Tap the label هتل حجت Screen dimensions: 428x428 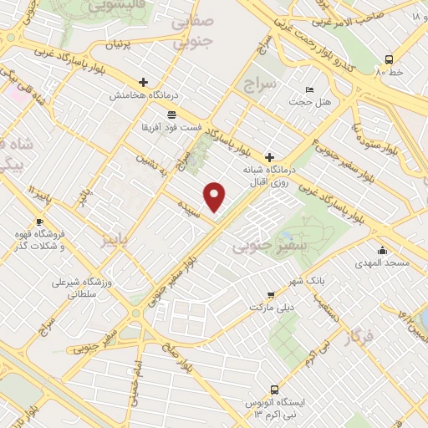310,102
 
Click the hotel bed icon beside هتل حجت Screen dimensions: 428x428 310,89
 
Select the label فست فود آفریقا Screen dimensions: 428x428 171,128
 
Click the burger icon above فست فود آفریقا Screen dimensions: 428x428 171,115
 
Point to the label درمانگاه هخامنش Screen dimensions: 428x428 144,96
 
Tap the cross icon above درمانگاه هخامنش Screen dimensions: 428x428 144,83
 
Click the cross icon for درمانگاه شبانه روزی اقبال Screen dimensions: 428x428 269,156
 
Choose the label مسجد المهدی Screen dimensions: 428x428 384,263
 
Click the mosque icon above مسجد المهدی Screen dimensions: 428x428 383,250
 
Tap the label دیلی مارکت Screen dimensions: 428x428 271,308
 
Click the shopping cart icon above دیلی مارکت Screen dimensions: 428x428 271,294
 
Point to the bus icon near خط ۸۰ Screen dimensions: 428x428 389,59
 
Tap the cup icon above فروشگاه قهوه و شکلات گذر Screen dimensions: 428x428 17,222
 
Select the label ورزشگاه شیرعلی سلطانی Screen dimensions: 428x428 83,288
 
